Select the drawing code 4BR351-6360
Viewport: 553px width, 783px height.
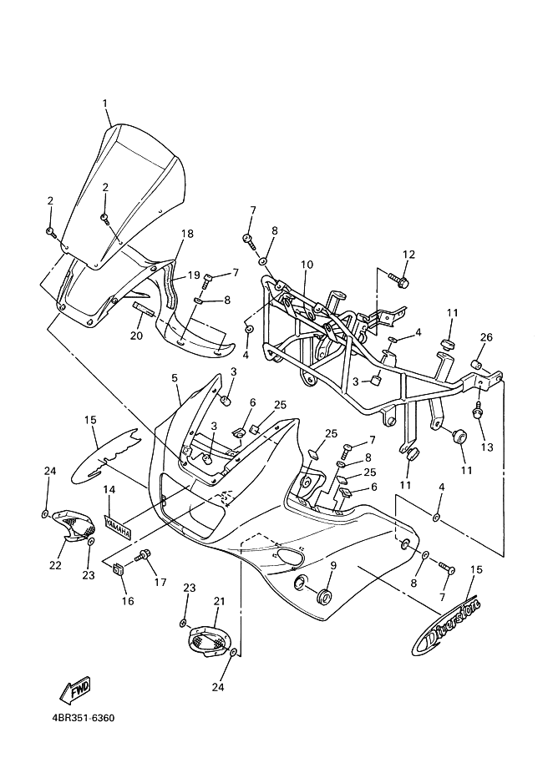point(84,719)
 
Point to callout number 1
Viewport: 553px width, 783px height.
point(105,103)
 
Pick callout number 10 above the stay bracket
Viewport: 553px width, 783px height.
point(307,265)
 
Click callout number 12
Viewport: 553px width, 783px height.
point(408,254)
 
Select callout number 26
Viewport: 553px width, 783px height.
point(486,337)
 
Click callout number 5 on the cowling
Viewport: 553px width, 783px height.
point(175,378)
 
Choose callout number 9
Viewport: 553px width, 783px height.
point(333,565)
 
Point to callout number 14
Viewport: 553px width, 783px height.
point(109,490)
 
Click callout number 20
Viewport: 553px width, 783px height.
point(136,336)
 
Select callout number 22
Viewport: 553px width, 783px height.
point(55,565)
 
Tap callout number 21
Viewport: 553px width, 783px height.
point(218,602)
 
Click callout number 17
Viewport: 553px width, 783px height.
point(160,582)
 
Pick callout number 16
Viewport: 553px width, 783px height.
point(128,601)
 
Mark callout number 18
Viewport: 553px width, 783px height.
point(187,234)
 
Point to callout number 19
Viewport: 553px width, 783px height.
point(194,275)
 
